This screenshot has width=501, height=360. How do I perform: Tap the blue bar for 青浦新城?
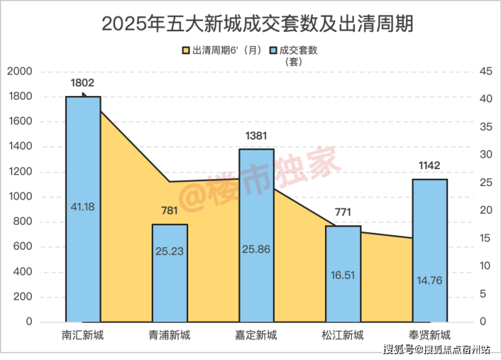[169, 271]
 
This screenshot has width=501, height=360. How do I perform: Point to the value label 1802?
[83, 83]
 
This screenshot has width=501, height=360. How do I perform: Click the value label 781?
[169, 210]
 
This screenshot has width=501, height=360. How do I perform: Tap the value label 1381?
[256, 135]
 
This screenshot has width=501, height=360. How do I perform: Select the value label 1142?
[430, 166]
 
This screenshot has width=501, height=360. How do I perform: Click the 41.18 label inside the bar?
[83, 206]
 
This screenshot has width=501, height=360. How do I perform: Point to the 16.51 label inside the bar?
[343, 276]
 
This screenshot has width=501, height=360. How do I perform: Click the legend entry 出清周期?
[222, 50]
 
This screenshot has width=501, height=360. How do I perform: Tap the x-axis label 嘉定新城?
[257, 335]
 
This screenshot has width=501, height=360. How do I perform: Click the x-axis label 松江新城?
[343, 335]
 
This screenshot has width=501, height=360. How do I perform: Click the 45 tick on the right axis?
[485, 72]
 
